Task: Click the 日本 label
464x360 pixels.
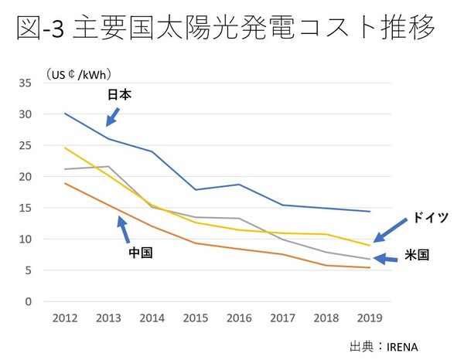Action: (120, 95)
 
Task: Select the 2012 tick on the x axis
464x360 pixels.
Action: (64, 318)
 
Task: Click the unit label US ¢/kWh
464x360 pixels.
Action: (80, 75)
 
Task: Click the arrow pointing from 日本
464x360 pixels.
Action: (113, 116)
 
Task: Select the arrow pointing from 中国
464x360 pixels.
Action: (123, 229)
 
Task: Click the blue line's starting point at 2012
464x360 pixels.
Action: (64, 114)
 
